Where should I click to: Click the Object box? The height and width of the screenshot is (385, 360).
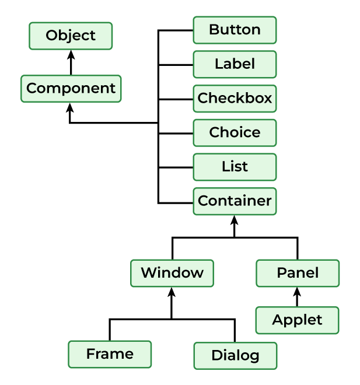pyautogui.click(x=71, y=36)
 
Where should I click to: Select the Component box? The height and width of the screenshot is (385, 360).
pyautogui.click(x=71, y=89)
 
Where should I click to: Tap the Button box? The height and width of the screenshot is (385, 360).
pyautogui.click(x=235, y=30)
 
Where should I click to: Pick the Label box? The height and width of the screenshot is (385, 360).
pyautogui.click(x=235, y=64)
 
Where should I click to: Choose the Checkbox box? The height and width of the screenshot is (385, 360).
pyautogui.click(x=235, y=99)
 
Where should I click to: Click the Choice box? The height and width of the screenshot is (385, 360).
pyautogui.click(x=235, y=132)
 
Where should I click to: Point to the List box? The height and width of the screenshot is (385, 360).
pyautogui.click(x=235, y=167)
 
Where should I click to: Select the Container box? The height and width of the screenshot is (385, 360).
pyautogui.click(x=235, y=201)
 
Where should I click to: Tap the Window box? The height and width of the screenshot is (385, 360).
pyautogui.click(x=172, y=273)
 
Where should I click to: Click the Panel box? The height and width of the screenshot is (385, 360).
pyautogui.click(x=298, y=273)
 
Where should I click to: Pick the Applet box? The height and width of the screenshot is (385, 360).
pyautogui.click(x=298, y=320)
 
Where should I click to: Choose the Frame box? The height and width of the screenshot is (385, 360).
pyautogui.click(x=110, y=354)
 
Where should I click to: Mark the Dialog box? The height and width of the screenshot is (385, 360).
pyautogui.click(x=235, y=355)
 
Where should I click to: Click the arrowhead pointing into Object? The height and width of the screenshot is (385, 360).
pyautogui.click(x=71, y=54)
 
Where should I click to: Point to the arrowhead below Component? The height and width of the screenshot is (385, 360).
pyautogui.click(x=71, y=108)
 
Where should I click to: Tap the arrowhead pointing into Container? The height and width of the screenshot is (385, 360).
pyautogui.click(x=235, y=220)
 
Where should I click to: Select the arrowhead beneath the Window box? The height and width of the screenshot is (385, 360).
pyautogui.click(x=172, y=292)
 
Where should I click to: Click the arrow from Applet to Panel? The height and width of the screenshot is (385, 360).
pyautogui.click(x=298, y=297)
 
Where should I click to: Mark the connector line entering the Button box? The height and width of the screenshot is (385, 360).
pyautogui.click(x=176, y=30)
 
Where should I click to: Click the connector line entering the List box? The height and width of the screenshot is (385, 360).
pyautogui.click(x=176, y=167)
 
